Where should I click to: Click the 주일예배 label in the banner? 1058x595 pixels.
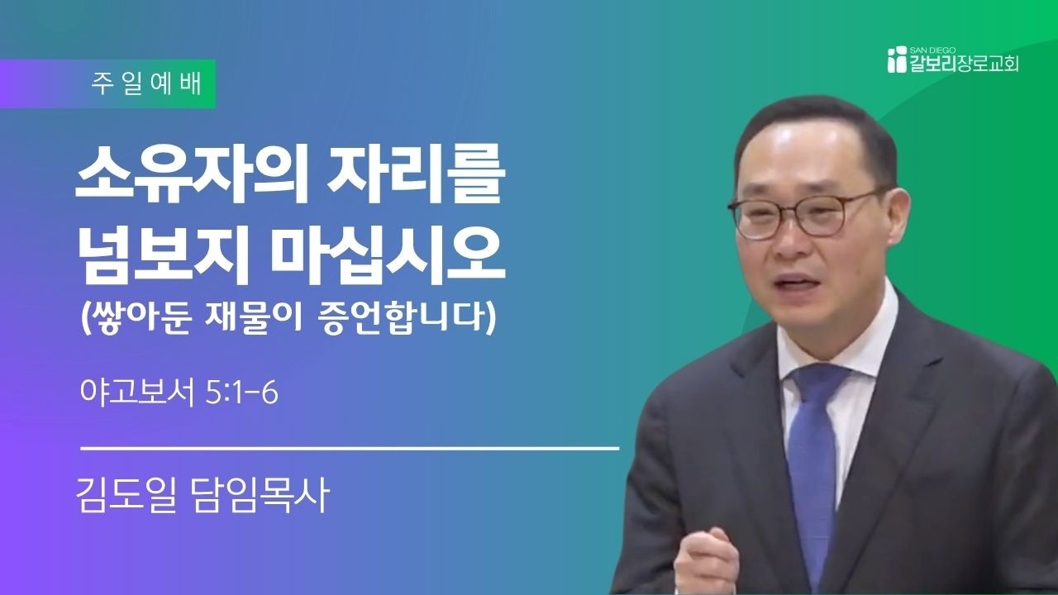[146, 84]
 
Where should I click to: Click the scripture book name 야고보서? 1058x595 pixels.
[137, 393]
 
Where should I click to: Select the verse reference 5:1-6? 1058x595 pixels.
[242, 393]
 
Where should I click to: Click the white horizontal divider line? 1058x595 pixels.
[350, 448]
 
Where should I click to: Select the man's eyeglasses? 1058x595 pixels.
[803, 215]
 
